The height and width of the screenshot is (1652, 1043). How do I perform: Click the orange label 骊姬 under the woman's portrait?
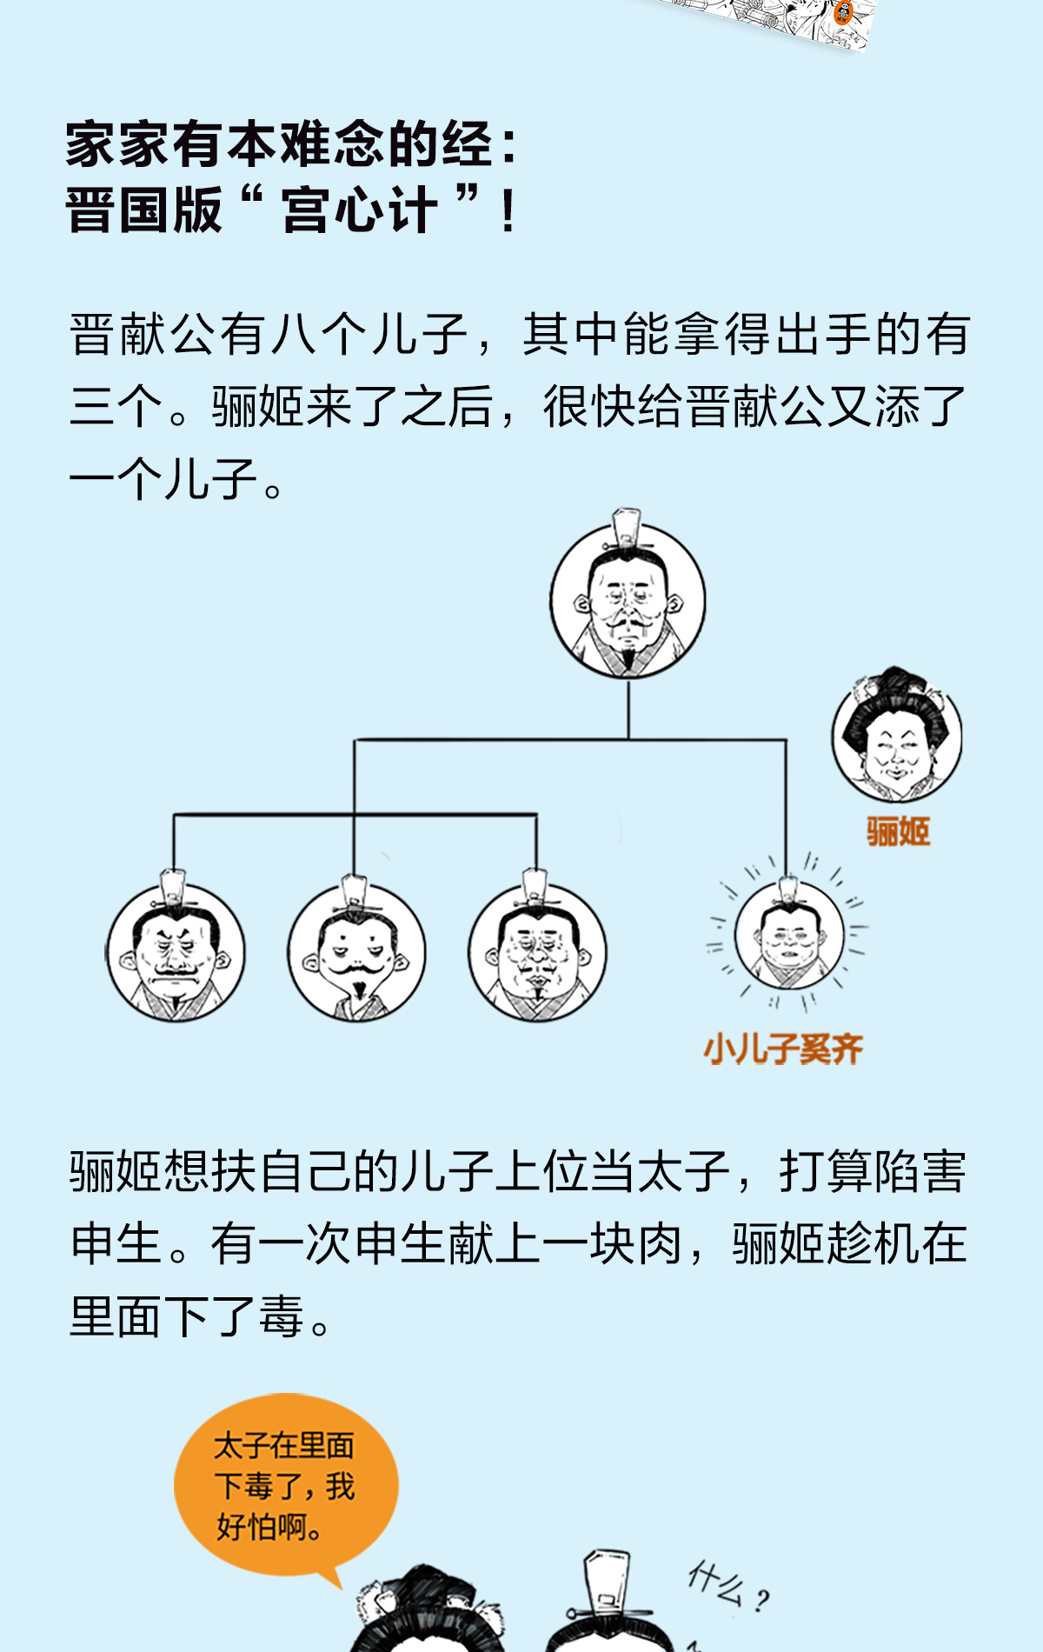click(x=898, y=832)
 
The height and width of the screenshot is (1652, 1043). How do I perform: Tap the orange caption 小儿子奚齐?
click(x=783, y=1049)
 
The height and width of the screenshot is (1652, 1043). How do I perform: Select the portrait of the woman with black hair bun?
click(x=897, y=737)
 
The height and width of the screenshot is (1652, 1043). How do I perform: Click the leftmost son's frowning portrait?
click(x=176, y=952)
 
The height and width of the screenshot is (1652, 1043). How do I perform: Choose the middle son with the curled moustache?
click(x=357, y=952)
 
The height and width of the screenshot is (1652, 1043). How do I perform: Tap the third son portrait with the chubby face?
click(x=537, y=952)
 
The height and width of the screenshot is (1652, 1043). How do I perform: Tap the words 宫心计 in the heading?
click(x=359, y=210)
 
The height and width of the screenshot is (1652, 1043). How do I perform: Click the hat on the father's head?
click(x=627, y=527)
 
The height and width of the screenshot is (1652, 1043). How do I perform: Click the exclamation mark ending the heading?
click(x=509, y=210)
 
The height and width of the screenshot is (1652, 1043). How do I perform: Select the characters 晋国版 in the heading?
click(x=144, y=210)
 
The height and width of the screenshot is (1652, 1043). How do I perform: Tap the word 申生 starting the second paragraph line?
click(x=116, y=1244)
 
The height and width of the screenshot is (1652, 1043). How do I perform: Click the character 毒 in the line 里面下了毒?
click(x=280, y=1317)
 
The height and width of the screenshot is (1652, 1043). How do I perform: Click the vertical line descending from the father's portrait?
click(x=628, y=709)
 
